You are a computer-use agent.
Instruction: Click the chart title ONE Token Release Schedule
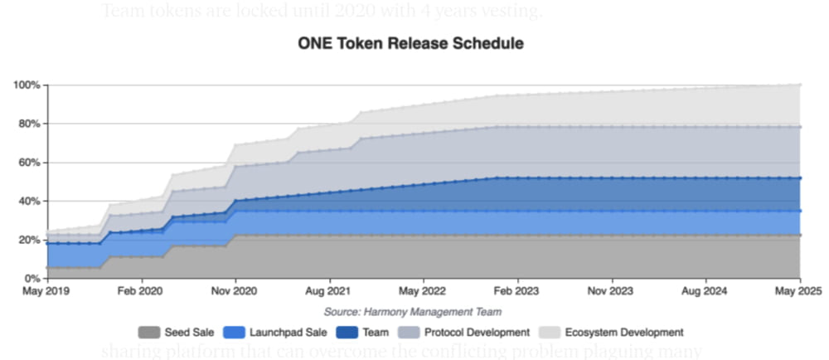point(410,44)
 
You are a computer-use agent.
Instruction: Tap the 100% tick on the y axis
point(27,85)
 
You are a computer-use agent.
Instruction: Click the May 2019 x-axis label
point(47,292)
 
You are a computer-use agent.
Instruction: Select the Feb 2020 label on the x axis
point(141,292)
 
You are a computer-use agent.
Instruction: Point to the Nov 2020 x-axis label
point(235,292)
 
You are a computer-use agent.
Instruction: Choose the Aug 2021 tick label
point(329,292)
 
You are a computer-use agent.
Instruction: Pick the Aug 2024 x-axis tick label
point(705,292)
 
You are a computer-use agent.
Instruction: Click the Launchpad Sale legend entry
point(265,332)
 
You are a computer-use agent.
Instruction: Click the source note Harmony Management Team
point(412,312)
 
